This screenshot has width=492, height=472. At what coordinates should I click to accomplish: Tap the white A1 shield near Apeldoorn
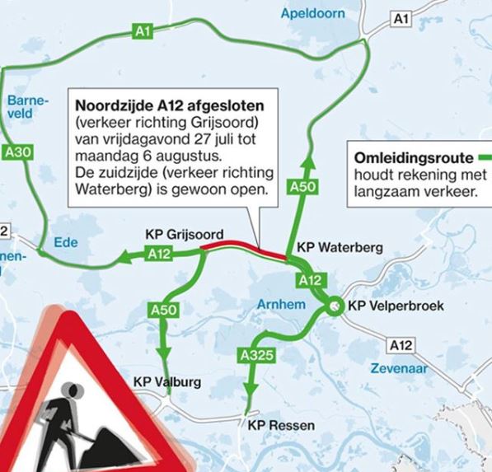pyautogui.click(x=401, y=19)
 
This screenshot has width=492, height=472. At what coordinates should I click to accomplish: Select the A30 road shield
pyautogui.click(x=19, y=152)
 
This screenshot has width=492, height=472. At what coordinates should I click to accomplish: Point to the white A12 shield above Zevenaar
pyautogui.click(x=402, y=346)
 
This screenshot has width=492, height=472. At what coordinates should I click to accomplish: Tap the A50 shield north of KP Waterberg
pyautogui.click(x=302, y=188)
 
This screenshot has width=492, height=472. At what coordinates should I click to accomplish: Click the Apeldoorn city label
pyautogui.click(x=312, y=14)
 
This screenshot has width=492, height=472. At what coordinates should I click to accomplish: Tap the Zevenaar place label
pyautogui.click(x=399, y=369)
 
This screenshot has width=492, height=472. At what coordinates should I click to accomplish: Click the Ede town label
pyautogui.click(x=65, y=242)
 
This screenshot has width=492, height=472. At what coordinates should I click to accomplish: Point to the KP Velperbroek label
pyautogui.click(x=396, y=306)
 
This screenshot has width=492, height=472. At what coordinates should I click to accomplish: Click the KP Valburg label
pyautogui.click(x=166, y=382)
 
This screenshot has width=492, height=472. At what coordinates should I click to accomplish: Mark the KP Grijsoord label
pyautogui.click(x=185, y=233)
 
